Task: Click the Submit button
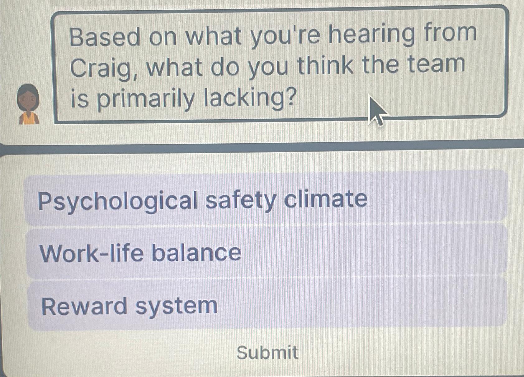[267, 352]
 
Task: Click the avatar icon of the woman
[29, 105]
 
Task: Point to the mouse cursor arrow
[375, 110]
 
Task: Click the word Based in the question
[105, 36]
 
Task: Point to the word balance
[196, 253]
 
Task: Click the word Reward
[84, 306]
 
